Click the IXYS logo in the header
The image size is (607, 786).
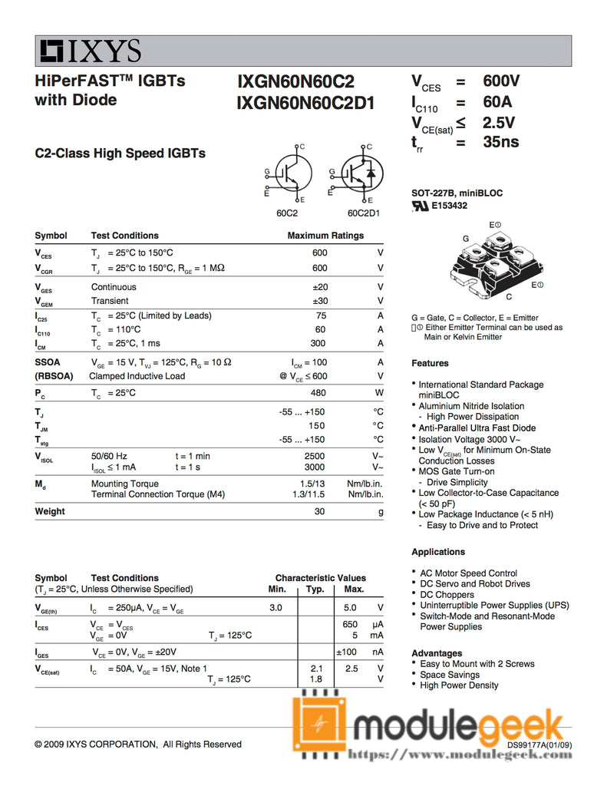tap(91, 51)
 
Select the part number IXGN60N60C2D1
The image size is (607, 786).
tap(305, 102)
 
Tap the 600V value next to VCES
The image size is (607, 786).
tap(501, 81)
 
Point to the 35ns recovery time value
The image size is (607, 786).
tap(500, 141)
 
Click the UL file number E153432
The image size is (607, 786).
tap(449, 206)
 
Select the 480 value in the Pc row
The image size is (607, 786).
tap(318, 393)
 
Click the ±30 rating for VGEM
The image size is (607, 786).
tap(318, 301)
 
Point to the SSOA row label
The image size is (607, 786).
tap(48, 362)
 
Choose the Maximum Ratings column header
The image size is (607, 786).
tap(325, 236)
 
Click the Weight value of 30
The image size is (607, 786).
tap(321, 511)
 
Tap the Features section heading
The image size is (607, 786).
tap(430, 363)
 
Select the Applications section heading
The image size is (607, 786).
tap(438, 552)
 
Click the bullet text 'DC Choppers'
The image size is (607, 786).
tap(447, 595)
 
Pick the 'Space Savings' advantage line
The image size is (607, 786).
tap(450, 675)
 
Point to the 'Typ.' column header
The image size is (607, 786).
tap(315, 589)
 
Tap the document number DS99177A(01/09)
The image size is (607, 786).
tap(539, 745)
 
